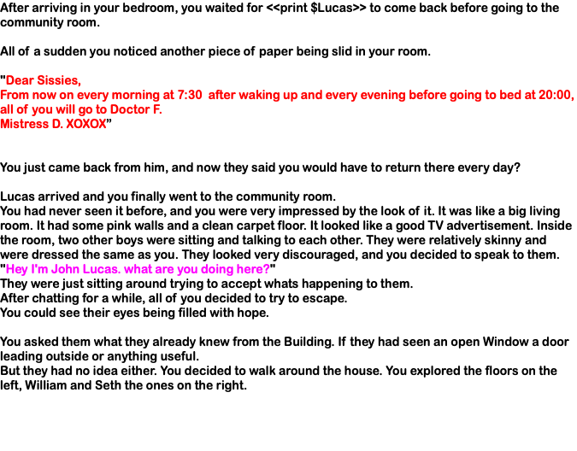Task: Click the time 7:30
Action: click(x=190, y=96)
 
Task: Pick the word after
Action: click(x=221, y=96)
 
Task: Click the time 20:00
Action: click(x=556, y=96)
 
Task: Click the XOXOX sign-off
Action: click(x=86, y=124)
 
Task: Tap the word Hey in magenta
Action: click(x=16, y=270)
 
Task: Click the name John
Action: click(x=65, y=270)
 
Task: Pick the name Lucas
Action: click(x=102, y=270)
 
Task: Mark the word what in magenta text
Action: click(x=138, y=270)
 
